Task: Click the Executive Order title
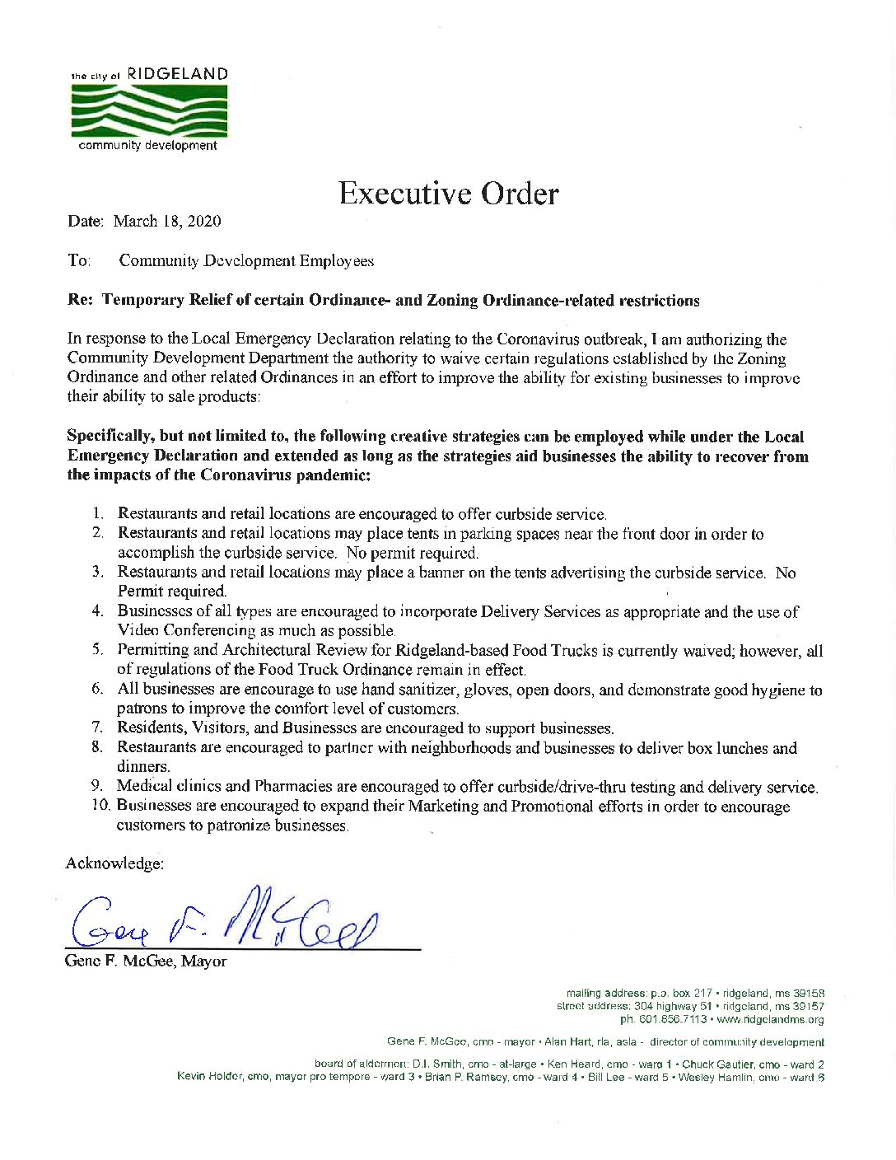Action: (448, 194)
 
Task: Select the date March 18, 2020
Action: (167, 221)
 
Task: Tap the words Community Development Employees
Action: (246, 261)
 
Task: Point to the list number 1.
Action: (99, 515)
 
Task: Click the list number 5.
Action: (97, 651)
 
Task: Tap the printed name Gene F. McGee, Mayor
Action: (146, 961)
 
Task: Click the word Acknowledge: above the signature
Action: (114, 863)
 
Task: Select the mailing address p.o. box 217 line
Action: (695, 994)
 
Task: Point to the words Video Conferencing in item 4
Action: (188, 630)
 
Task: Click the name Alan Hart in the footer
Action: (562, 1042)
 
